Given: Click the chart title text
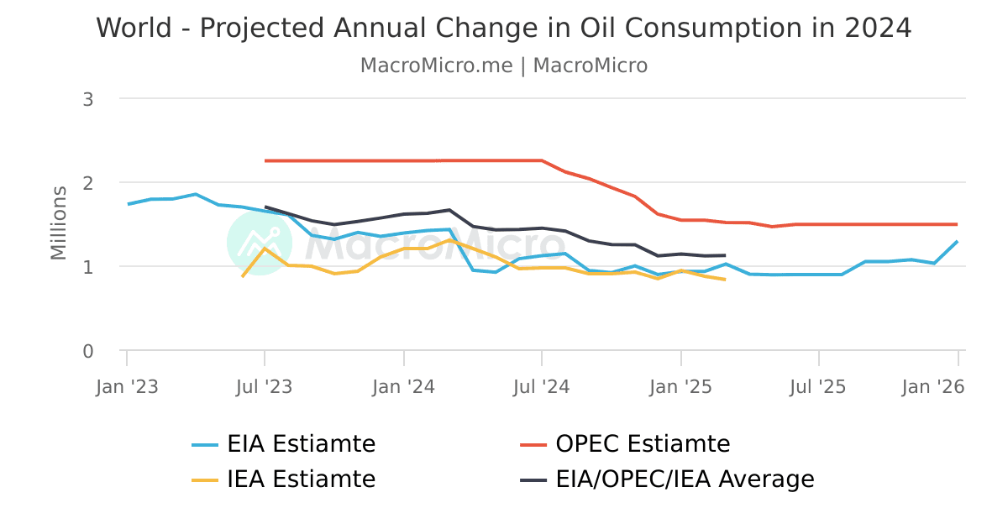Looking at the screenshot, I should (x=504, y=28).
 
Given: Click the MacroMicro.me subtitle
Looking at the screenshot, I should (x=504, y=65).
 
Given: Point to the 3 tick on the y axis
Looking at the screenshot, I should (x=88, y=99).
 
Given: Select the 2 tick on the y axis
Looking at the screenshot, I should (x=88, y=182).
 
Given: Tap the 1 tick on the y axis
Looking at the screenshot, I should (x=88, y=266).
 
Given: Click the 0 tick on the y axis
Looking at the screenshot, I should (x=88, y=351).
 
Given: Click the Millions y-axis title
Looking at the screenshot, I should (x=58, y=223).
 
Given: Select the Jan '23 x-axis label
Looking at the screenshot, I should (x=127, y=387).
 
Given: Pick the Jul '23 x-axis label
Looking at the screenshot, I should (x=265, y=387).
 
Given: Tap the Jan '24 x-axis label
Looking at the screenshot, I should (x=404, y=387).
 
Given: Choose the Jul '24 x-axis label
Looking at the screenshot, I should (x=543, y=387).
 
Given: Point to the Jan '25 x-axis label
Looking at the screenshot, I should (x=681, y=387).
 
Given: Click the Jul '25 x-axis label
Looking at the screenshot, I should (x=819, y=387).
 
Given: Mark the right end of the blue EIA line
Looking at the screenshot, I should (x=958, y=242).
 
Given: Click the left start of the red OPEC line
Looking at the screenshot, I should (x=265, y=160).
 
